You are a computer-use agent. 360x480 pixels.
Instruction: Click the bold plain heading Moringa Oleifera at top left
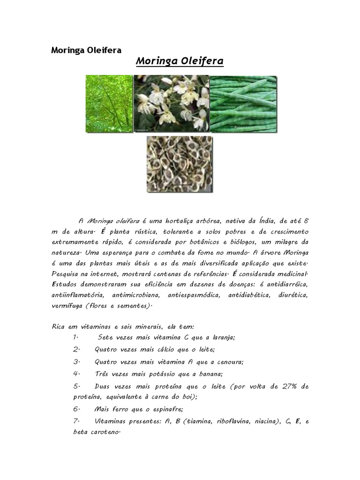tap(86, 50)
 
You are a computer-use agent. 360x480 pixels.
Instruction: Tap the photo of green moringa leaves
tap(109, 104)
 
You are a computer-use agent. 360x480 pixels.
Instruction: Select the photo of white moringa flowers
tap(171, 103)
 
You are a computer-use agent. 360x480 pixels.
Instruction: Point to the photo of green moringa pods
tap(242, 104)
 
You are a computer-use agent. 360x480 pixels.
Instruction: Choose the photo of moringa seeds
tap(180, 164)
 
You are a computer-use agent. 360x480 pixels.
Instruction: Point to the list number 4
tap(76, 374)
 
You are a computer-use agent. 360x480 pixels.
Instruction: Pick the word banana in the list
tap(210, 374)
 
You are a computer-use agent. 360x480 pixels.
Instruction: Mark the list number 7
tap(76, 421)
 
